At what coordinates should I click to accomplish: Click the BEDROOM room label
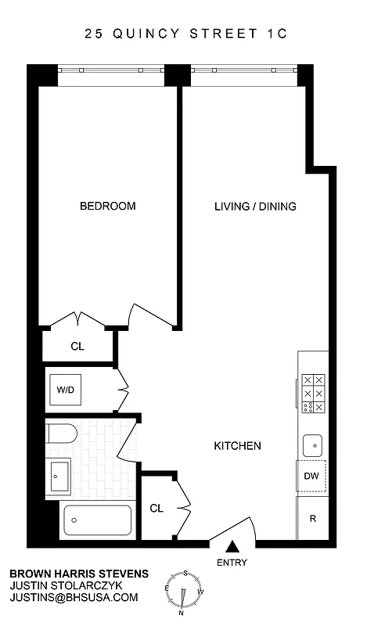tap(108, 207)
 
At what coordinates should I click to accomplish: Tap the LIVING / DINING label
tap(255, 207)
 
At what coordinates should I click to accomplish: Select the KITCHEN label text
tap(237, 446)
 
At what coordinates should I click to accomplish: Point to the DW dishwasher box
tap(311, 475)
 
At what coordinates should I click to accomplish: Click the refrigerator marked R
tap(311, 518)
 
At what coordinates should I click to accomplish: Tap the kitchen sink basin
tap(313, 444)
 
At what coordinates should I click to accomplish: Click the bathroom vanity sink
tap(59, 474)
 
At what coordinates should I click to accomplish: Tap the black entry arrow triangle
tap(232, 547)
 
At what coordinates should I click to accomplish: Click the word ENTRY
tap(232, 563)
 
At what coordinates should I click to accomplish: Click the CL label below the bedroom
tap(77, 346)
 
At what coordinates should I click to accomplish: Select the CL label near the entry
tap(157, 509)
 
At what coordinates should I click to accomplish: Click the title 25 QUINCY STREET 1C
tap(182, 34)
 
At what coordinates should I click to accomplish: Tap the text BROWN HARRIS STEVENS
tap(78, 574)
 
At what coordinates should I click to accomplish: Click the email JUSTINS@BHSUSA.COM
tap(74, 597)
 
